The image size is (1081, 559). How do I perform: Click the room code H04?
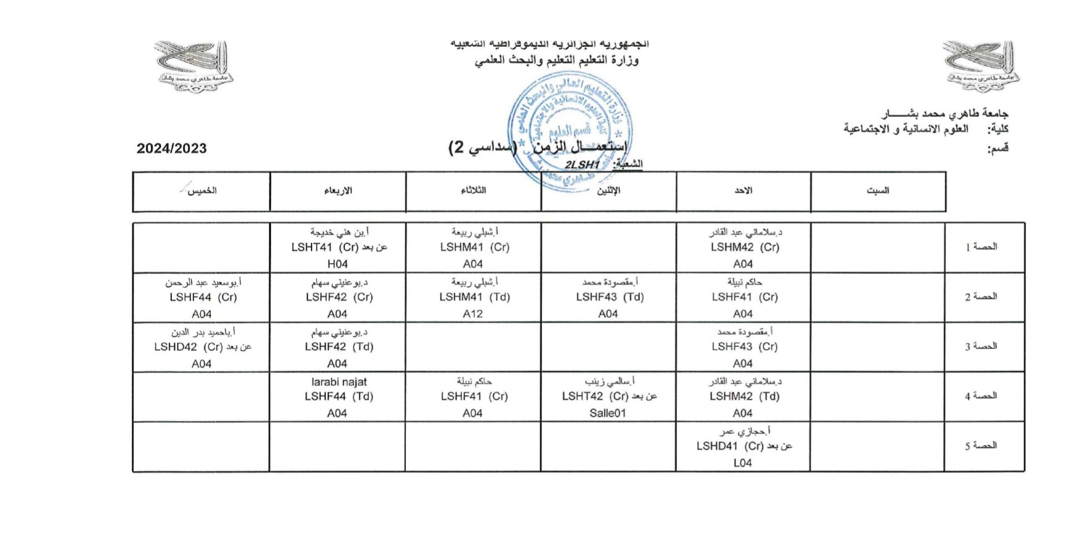coord(338,264)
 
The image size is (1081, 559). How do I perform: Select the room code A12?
coord(473,314)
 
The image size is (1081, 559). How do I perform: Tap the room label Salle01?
coord(607,413)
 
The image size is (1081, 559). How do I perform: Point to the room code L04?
coord(742,463)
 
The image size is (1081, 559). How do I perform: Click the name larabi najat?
coord(339,382)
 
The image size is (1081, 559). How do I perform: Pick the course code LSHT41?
coord(312,247)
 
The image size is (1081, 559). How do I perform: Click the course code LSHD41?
coord(717,446)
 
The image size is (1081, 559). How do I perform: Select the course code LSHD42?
coord(176,347)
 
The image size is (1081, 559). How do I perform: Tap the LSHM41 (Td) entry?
coord(474,297)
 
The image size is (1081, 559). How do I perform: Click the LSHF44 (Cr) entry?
coord(203,297)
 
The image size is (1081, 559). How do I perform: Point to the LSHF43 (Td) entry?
coord(610,297)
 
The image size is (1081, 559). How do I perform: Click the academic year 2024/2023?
coord(172,148)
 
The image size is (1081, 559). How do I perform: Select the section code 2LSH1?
coord(582,164)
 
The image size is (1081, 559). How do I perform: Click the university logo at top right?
coord(981,65)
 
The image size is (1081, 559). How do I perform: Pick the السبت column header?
coord(878,191)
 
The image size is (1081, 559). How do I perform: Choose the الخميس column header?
coord(202,191)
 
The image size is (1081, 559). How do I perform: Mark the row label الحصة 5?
coord(981,446)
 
